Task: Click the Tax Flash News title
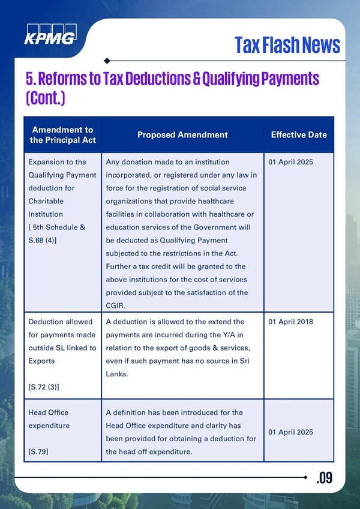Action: pos(287,44)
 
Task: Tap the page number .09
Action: pos(324,478)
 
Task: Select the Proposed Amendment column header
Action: pos(182,134)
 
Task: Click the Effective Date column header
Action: pos(299,134)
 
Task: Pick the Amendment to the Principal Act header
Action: pos(62,134)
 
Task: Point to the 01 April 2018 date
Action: pos(291,322)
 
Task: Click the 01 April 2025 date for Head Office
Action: pos(291,432)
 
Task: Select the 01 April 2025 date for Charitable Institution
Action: pos(291,162)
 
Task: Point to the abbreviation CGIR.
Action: pos(116,306)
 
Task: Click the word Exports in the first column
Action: pos(41,361)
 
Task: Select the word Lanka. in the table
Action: pos(118,374)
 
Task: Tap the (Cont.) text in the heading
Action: pos(45,98)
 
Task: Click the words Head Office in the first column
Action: pos(49,412)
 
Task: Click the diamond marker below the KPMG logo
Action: pos(106,61)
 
